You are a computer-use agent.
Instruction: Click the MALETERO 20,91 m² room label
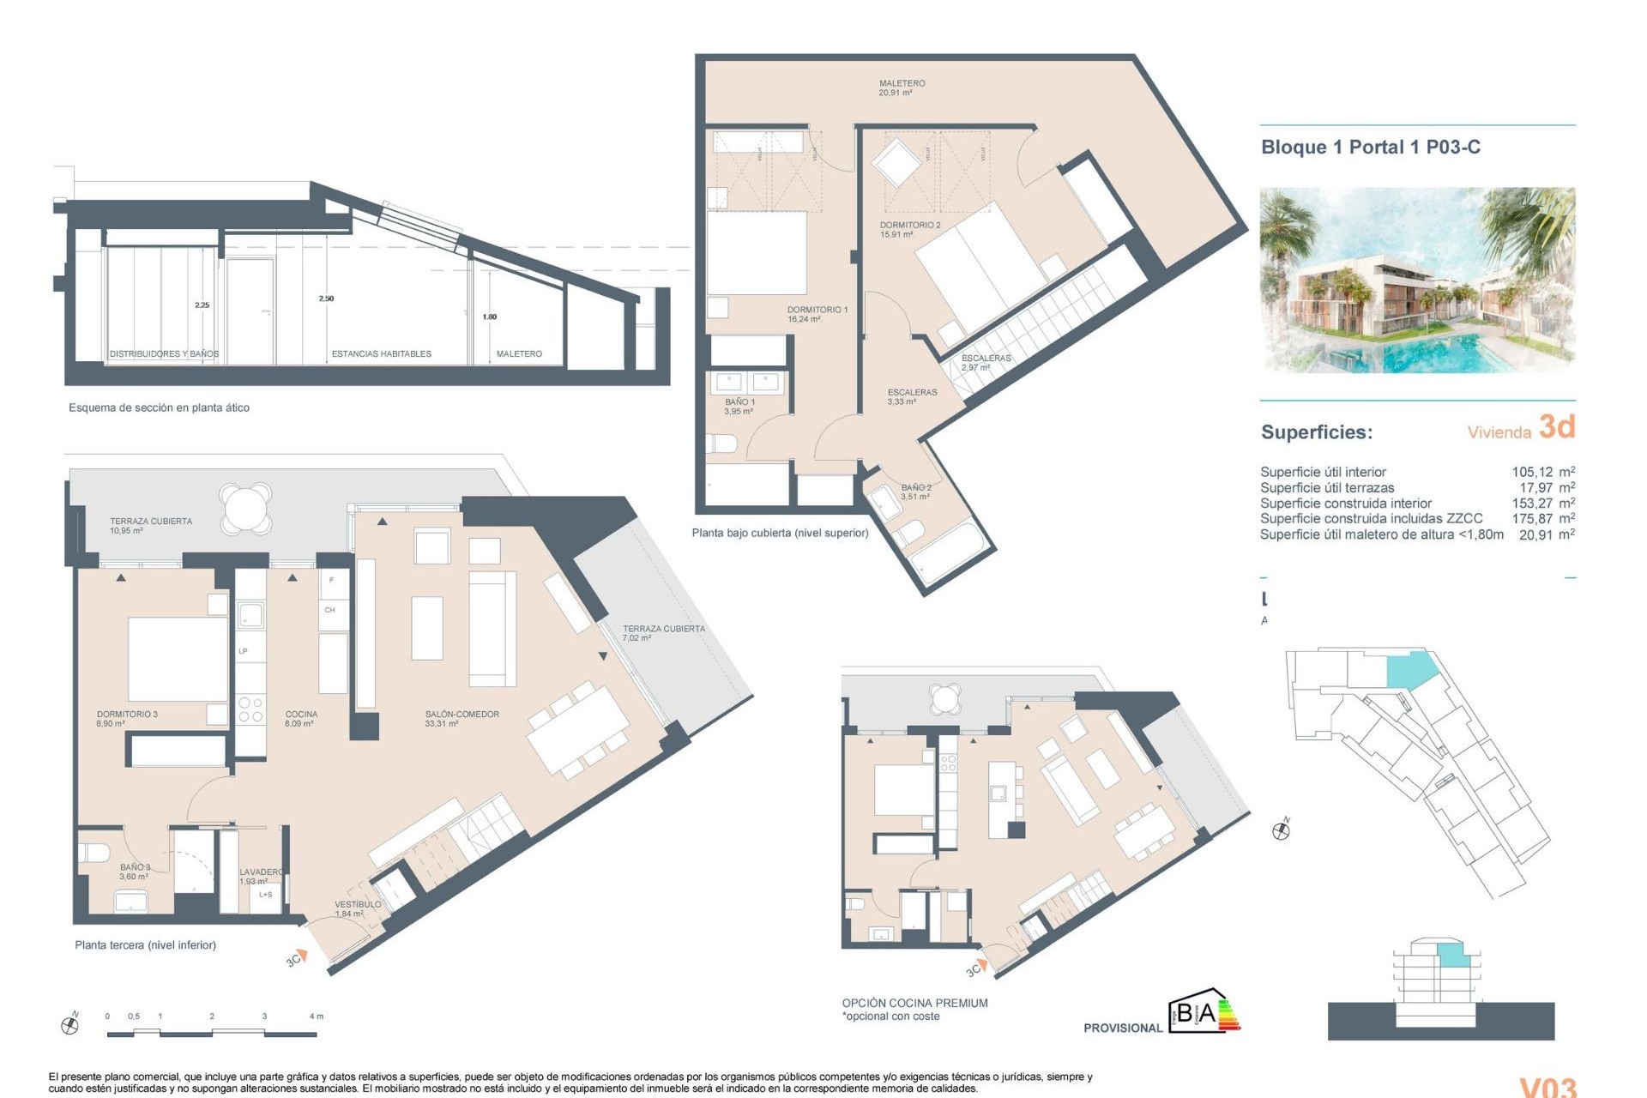(x=902, y=87)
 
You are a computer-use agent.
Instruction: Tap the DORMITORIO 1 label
(x=817, y=314)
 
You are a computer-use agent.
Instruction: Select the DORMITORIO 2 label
(x=909, y=229)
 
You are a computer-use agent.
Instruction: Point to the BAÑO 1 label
(x=739, y=407)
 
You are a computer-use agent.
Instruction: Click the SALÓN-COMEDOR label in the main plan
(x=462, y=718)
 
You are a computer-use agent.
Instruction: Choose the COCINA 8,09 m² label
(x=301, y=718)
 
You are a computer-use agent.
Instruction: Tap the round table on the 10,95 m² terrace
(x=245, y=509)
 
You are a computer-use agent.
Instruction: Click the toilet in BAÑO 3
(x=94, y=854)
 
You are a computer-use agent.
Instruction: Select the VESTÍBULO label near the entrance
(x=357, y=908)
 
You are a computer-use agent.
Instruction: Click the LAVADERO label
(x=261, y=876)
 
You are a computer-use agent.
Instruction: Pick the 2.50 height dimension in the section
(x=326, y=299)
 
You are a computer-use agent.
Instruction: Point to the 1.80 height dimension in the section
(x=489, y=317)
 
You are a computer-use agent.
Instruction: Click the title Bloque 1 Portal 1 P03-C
(x=1370, y=147)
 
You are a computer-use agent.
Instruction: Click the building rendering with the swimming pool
(x=1416, y=280)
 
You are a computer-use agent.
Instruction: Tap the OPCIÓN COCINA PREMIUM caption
(x=914, y=1003)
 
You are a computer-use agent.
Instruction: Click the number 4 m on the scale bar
(x=316, y=1017)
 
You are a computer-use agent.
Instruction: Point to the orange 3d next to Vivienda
(x=1556, y=426)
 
